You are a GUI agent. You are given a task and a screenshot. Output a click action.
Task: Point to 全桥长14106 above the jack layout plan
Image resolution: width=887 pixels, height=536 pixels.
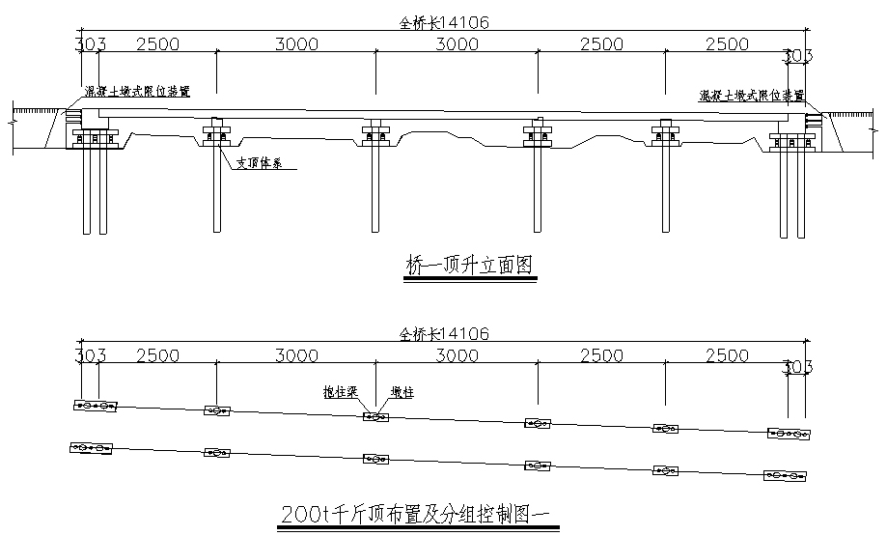pyautogui.click(x=445, y=334)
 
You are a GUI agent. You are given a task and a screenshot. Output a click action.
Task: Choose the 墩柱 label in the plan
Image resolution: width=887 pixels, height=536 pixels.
pyautogui.click(x=402, y=392)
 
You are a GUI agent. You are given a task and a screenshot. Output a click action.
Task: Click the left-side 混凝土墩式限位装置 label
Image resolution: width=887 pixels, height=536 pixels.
pyautogui.click(x=136, y=92)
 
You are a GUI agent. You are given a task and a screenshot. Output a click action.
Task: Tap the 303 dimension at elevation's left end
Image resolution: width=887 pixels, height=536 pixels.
pyautogui.click(x=89, y=44)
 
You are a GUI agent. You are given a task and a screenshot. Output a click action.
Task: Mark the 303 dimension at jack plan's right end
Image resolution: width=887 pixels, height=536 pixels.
pyautogui.click(x=797, y=366)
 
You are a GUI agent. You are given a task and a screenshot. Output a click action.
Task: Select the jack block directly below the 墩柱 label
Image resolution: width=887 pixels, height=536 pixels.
pyautogui.click(x=375, y=416)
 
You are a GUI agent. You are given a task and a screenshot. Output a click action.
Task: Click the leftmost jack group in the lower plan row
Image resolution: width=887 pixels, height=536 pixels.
pyautogui.click(x=92, y=448)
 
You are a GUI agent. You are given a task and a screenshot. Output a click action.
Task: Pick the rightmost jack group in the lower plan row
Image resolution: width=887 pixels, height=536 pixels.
pyautogui.click(x=784, y=475)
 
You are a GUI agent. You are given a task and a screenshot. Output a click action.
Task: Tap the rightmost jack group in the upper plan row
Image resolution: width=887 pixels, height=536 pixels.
pyautogui.click(x=788, y=435)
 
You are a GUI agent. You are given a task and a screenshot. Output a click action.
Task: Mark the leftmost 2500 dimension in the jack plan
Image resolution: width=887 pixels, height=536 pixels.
pyautogui.click(x=156, y=355)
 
